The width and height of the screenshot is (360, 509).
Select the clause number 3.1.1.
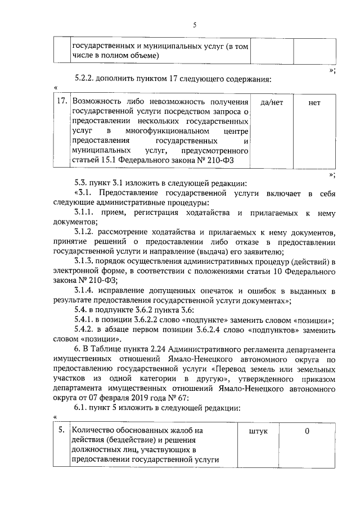(85, 213)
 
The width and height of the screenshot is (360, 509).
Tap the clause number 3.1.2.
(85, 232)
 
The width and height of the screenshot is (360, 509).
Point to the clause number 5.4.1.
(85, 320)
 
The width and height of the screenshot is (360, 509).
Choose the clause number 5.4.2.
(85, 330)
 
